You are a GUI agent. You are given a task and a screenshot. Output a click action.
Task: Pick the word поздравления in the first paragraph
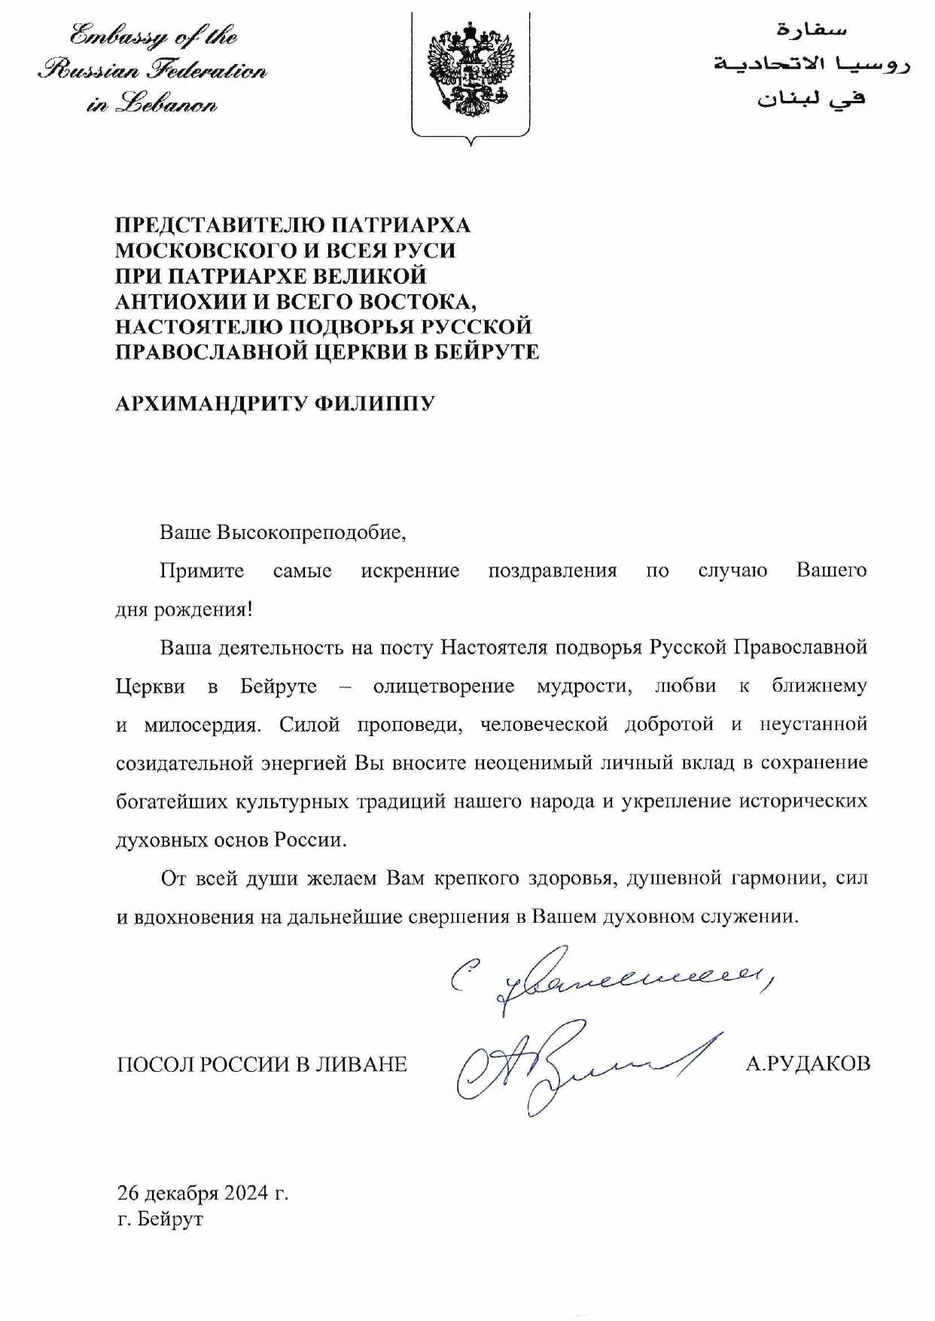click(x=552, y=571)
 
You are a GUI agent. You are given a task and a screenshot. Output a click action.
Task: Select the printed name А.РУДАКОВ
click(x=808, y=1064)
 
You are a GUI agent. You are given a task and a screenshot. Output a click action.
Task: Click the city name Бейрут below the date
click(x=171, y=1218)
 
